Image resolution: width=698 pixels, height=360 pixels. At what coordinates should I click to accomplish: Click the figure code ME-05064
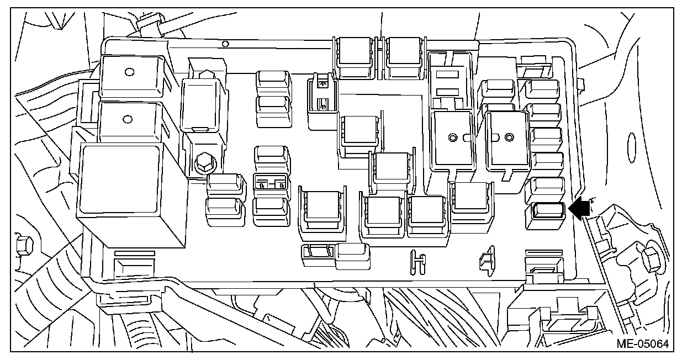(642, 344)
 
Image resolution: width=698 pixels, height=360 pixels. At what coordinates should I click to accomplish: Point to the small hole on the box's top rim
(225, 44)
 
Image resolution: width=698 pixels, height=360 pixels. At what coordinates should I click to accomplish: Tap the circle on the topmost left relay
(129, 71)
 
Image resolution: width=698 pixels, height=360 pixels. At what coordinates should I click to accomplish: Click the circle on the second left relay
(128, 118)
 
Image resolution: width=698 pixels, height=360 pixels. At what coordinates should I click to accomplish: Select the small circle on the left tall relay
(453, 137)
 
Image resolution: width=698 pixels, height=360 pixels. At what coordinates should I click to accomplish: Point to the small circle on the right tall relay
(509, 136)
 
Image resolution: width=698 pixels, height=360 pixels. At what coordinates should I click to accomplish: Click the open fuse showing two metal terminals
(271, 182)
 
